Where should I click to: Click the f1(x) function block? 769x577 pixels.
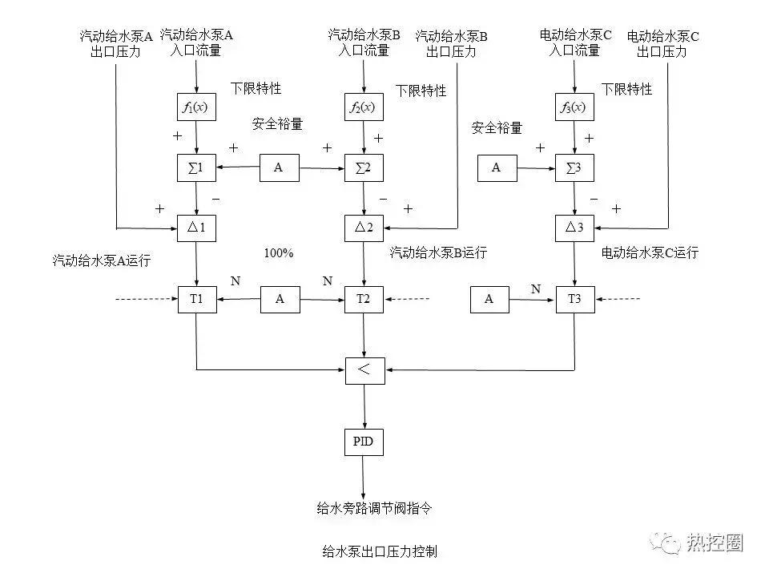point(196,107)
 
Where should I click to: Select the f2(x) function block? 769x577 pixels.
point(364,107)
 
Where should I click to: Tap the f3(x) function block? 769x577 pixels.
point(574,107)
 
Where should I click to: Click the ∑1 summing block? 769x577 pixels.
point(196,167)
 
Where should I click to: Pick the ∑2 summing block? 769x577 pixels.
point(364,167)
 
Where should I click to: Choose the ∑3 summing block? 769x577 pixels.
point(574,167)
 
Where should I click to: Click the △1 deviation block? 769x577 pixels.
point(196,228)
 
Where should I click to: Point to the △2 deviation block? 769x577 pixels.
point(364,228)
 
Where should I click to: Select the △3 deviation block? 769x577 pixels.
point(574,228)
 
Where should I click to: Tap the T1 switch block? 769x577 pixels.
point(196,299)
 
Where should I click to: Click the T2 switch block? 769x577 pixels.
point(364,299)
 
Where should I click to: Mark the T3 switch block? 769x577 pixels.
point(574,299)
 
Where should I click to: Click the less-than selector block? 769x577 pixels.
point(364,369)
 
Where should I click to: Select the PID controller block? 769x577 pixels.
point(364,441)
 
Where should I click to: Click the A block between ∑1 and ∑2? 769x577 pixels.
point(279,167)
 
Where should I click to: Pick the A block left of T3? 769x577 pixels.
point(489,299)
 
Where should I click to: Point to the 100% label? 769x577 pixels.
point(278,253)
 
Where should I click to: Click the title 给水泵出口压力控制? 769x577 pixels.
point(380,551)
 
